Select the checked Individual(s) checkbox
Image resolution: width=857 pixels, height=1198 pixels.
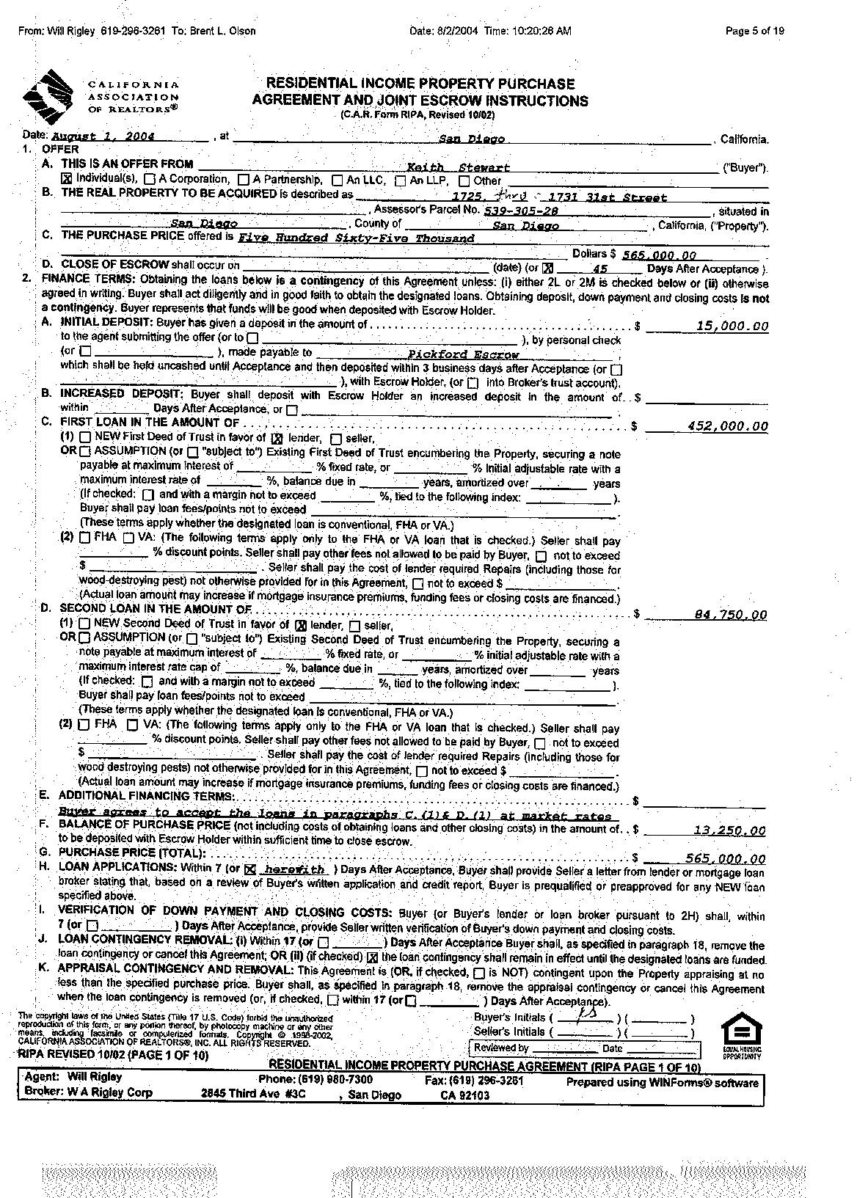(x=66, y=179)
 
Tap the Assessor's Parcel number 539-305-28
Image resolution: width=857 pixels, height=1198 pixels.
(x=521, y=211)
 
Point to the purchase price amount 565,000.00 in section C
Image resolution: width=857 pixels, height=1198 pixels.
(x=659, y=255)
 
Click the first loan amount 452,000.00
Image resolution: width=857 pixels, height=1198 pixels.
(x=728, y=426)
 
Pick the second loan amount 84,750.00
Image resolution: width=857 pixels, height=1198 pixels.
(x=730, y=615)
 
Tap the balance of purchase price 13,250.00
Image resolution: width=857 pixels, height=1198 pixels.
(x=729, y=830)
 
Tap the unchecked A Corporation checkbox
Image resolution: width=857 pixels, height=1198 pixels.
(x=150, y=179)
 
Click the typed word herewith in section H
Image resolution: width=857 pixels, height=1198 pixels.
(x=293, y=869)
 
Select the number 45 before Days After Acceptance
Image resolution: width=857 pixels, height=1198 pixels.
(x=599, y=269)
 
